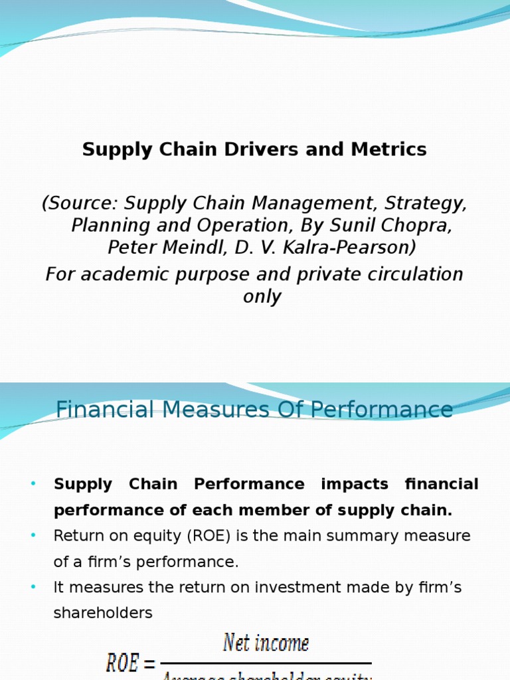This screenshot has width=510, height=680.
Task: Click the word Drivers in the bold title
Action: pos(256,150)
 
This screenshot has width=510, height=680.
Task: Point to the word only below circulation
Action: pos(262,296)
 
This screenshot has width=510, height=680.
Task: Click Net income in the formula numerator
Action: pos(266,643)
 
